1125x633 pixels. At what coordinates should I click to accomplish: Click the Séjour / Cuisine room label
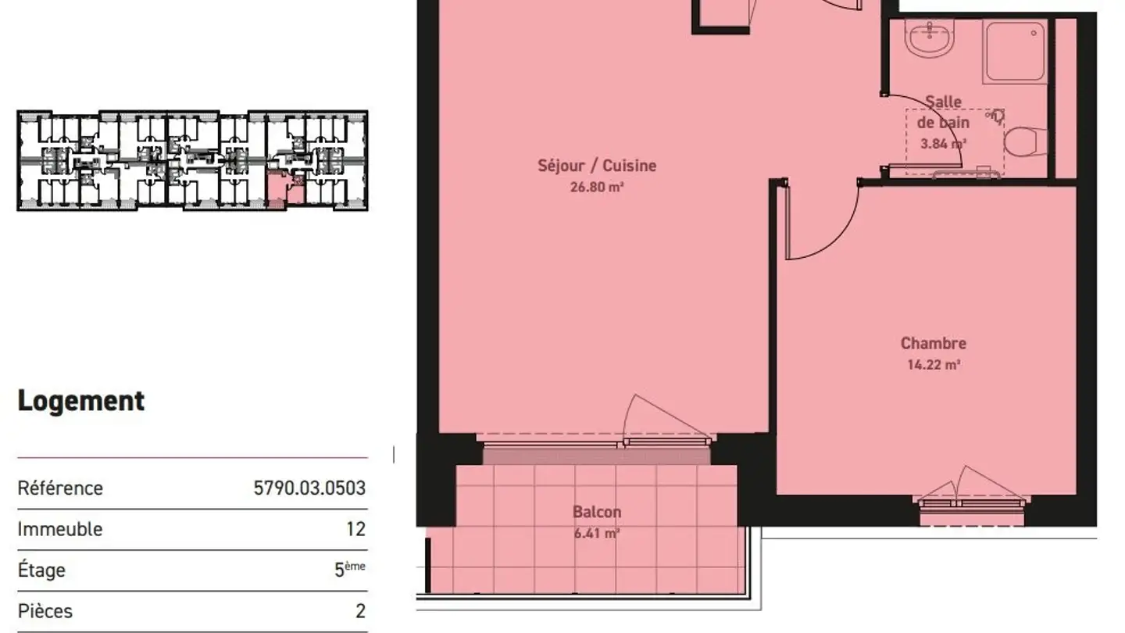[597, 166]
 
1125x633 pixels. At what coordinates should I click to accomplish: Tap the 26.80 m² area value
[597, 188]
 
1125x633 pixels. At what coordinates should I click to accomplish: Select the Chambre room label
[933, 343]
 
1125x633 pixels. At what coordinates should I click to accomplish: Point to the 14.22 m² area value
[933, 364]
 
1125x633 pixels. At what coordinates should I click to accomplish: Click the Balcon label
[597, 513]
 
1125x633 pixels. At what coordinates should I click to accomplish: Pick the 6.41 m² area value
[597, 534]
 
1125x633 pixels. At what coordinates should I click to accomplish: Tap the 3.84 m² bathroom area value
[943, 144]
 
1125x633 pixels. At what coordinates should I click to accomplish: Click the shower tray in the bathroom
[1014, 52]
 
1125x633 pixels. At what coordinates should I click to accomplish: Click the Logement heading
[81, 401]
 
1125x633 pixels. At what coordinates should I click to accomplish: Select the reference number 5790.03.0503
[309, 488]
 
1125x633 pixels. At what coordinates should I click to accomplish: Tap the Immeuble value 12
[355, 529]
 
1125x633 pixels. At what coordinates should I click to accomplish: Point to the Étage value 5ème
[349, 569]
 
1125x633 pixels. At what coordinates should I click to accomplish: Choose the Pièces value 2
[360, 610]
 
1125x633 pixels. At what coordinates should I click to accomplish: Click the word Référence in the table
[60, 488]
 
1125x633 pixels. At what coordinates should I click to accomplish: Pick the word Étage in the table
[41, 570]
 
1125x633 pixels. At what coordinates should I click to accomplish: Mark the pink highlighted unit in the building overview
[278, 189]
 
